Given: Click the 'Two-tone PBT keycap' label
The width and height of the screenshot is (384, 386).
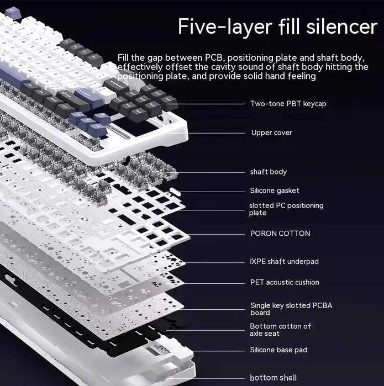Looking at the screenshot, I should tap(288, 103).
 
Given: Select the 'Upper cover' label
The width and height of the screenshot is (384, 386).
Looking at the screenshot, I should tap(271, 133).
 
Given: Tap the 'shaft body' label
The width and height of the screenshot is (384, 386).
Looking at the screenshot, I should tap(268, 172).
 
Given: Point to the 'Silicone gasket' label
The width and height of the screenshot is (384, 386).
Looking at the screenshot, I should tap(275, 191).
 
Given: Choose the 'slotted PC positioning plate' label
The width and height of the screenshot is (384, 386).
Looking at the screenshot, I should tap(286, 209).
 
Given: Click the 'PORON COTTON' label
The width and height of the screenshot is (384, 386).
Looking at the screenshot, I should tap(280, 234).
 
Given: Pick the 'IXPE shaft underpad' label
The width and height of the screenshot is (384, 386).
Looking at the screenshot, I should tap(284, 261).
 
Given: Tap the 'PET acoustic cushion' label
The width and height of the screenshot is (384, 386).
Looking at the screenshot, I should tap(285, 282).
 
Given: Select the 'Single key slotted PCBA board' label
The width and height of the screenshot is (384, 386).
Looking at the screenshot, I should tap(283, 309).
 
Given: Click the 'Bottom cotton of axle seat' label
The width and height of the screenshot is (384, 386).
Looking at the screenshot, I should tap(280, 330).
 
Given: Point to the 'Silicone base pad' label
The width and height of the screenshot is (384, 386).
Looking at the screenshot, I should tap(278, 350).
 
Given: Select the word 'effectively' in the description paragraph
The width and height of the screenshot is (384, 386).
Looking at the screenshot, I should tap(138, 67).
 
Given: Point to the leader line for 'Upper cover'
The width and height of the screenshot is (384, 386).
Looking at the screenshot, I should tap(215, 133).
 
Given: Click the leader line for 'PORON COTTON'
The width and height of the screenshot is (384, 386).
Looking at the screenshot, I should tap(215, 234).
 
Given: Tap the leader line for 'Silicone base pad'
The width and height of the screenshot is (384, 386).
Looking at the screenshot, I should tap(215, 350).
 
